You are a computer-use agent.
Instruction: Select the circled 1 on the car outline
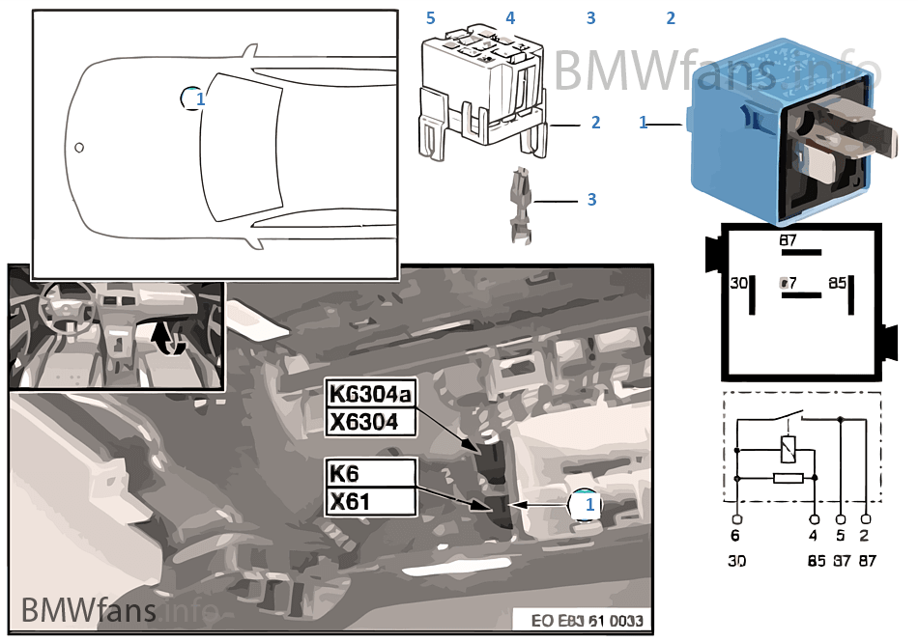tap(193, 98)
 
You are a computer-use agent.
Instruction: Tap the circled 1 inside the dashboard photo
tap(584, 504)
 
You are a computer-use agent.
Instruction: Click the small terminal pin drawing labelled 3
tap(519, 203)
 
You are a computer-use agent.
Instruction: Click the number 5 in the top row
tap(431, 18)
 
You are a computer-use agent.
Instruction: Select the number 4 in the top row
tap(510, 18)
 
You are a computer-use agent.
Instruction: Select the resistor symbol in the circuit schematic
tap(788, 478)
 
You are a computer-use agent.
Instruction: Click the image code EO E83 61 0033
tap(587, 621)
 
